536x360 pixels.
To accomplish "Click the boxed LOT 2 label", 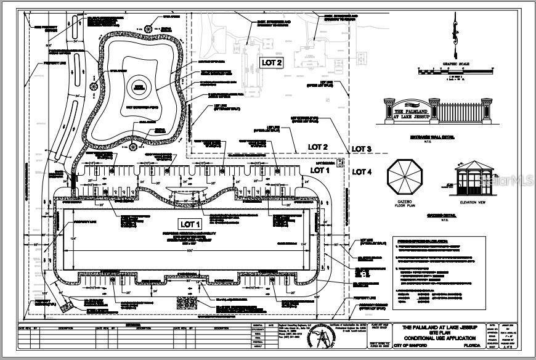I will coord(272,62).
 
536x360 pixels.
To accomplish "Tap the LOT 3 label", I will coord(362,149).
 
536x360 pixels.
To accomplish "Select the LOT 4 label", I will coord(362,171).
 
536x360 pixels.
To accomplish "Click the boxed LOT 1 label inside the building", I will coord(190,223).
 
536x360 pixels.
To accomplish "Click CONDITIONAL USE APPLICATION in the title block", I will coord(439,338).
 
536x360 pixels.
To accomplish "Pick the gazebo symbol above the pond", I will coord(149,29).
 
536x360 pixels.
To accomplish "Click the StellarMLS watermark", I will coord(508,181).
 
